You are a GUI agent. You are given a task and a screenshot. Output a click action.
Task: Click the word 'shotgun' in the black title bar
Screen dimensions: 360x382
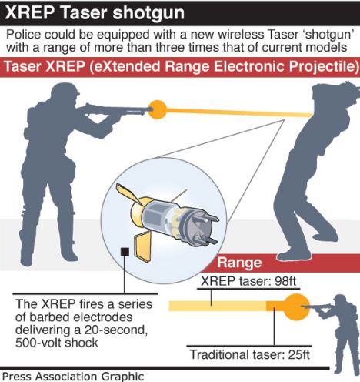point(148,13)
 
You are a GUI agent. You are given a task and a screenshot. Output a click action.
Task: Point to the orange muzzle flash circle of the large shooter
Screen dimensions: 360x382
point(158,109)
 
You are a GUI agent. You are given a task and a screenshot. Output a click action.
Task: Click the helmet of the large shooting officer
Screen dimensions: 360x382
point(65,89)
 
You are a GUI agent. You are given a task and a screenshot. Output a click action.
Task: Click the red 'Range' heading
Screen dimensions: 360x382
point(239,263)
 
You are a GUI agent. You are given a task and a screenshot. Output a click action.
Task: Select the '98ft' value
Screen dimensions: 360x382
point(285,281)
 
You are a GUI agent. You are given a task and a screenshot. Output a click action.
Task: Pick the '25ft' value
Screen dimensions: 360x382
point(299,355)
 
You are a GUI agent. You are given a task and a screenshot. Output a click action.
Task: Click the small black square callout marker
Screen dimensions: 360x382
point(125,252)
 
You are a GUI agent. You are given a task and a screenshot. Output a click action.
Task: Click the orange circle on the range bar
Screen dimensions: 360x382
point(297,307)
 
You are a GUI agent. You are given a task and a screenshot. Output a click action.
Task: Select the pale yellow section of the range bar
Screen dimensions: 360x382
point(218,307)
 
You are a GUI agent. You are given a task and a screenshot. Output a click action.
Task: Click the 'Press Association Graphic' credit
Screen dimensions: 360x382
point(73,377)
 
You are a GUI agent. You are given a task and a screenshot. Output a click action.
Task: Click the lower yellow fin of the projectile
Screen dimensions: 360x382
point(142,246)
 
